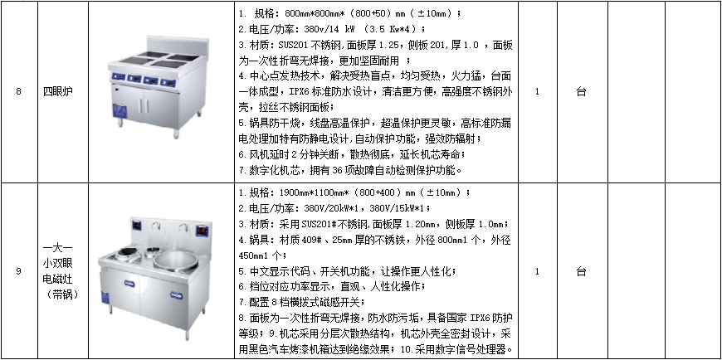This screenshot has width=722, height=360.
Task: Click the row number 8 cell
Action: tap(18, 91)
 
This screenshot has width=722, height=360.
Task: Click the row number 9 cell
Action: tap(18, 271)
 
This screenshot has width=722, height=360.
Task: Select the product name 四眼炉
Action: tap(55, 91)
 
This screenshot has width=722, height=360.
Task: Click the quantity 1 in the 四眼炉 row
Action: tap(537, 91)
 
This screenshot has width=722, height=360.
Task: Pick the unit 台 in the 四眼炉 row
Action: tap(581, 91)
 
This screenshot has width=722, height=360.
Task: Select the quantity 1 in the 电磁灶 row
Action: tap(537, 271)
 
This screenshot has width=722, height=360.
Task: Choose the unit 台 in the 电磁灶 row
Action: tap(581, 271)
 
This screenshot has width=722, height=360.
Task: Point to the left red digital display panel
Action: tap(137, 226)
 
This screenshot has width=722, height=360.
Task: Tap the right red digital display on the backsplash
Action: tap(202, 229)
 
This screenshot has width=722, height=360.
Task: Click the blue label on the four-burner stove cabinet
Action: tap(120, 110)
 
